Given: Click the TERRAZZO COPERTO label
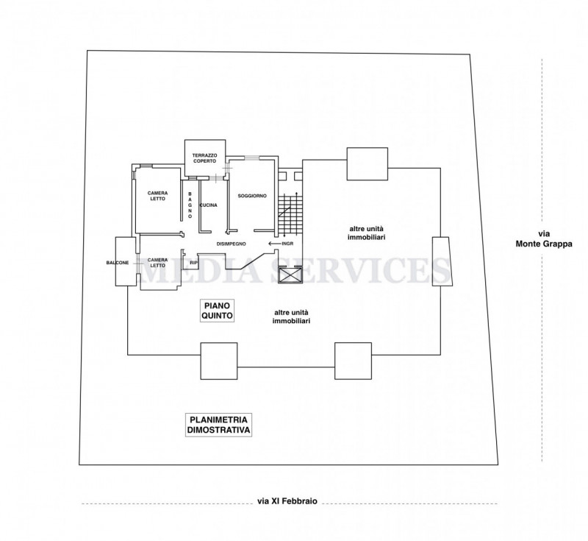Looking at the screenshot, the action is pos(204,158).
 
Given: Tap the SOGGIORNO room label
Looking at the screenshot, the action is pos(252,196).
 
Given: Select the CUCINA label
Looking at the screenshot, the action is pos(209,205).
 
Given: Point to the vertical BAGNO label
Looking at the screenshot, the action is pos(190,205).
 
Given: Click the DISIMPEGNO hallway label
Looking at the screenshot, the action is pos(232,244).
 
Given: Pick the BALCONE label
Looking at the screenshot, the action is pos(118,263).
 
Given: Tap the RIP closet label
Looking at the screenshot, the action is pos(193,263).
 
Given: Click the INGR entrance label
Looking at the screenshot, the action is pos(287,244).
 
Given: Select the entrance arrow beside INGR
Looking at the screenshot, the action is pos(274,244).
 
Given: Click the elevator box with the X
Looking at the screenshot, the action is pos(290,276).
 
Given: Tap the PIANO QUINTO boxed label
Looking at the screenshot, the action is pos(217,311).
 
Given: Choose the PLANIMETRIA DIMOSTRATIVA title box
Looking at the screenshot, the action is pos(218,425).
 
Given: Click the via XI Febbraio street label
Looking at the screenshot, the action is pos(287,501).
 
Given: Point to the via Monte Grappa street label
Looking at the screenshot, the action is pos(544,238).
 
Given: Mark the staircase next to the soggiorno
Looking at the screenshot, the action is pos(290,214).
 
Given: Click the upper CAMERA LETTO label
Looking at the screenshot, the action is pos(157,196).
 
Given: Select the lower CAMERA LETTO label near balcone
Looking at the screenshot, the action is pos(157,263).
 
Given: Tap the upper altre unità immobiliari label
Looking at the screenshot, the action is pos(367,233).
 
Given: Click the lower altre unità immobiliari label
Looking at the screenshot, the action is pos(291,317).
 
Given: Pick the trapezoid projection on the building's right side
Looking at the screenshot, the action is pos(442,261).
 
